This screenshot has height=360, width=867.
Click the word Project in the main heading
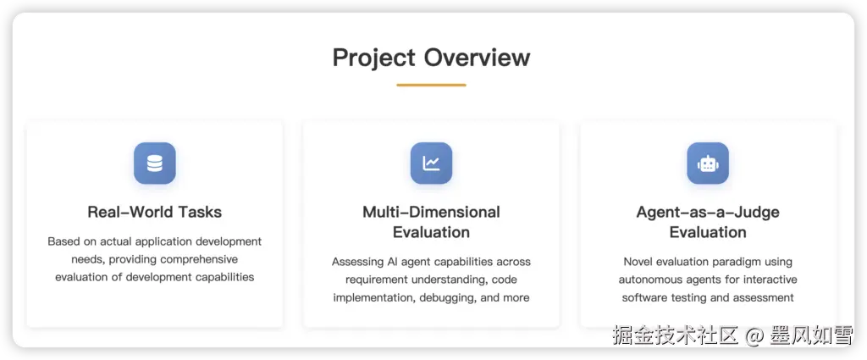pyautogui.click(x=373, y=58)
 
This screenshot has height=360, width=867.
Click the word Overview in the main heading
pyautogui.click(x=478, y=57)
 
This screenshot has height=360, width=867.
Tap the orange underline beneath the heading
pyautogui.click(x=431, y=86)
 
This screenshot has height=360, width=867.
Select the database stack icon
pyautogui.click(x=155, y=163)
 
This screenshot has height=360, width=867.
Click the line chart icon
pyautogui.click(x=431, y=163)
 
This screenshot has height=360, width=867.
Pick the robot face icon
pyautogui.click(x=708, y=163)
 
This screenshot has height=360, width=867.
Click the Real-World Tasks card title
pyautogui.click(x=155, y=212)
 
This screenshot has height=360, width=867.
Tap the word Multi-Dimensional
pyautogui.click(x=431, y=212)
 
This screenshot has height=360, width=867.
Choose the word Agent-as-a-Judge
pyautogui.click(x=708, y=213)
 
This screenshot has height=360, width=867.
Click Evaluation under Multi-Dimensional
pyautogui.click(x=431, y=232)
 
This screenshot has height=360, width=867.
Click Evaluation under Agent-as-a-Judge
pyautogui.click(x=708, y=232)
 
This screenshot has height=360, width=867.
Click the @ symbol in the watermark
pyautogui.click(x=754, y=335)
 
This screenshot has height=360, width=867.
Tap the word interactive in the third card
pyautogui.click(x=770, y=280)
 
